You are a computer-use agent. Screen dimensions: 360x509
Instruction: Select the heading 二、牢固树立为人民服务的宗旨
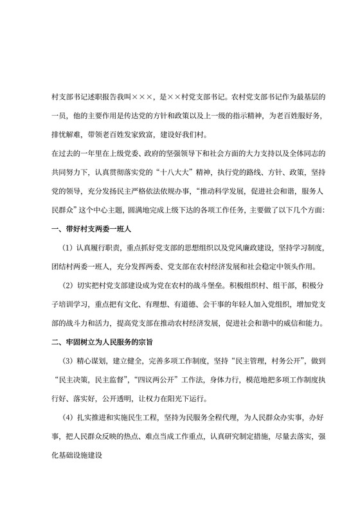(109, 341)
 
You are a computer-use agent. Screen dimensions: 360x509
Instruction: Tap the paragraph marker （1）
(69, 248)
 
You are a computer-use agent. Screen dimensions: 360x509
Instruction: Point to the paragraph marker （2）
(69, 285)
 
